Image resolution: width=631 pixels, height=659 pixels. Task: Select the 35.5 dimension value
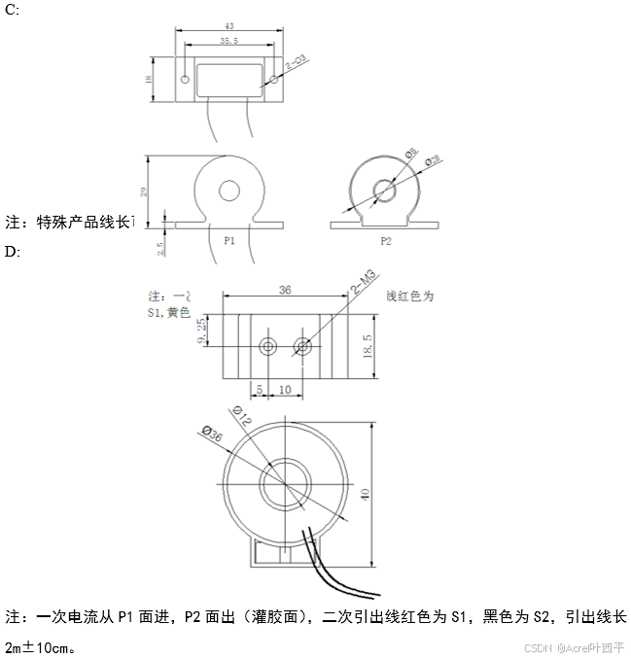[229, 42]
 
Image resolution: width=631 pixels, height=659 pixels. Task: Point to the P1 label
[229, 240]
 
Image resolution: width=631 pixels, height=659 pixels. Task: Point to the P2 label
[385, 240]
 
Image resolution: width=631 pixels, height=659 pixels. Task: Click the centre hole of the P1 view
[229, 191]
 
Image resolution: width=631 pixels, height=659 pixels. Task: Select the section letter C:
[12, 10]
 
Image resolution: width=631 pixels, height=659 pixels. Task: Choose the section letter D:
[12, 252]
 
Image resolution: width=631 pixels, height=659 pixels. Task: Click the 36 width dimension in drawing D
[285, 290]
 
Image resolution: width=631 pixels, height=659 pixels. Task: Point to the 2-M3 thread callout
[362, 283]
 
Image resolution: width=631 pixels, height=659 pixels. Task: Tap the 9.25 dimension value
[203, 330]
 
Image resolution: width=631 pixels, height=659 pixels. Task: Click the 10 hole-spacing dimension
[284, 390]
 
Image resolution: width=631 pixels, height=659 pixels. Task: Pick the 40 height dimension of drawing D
[366, 494]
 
